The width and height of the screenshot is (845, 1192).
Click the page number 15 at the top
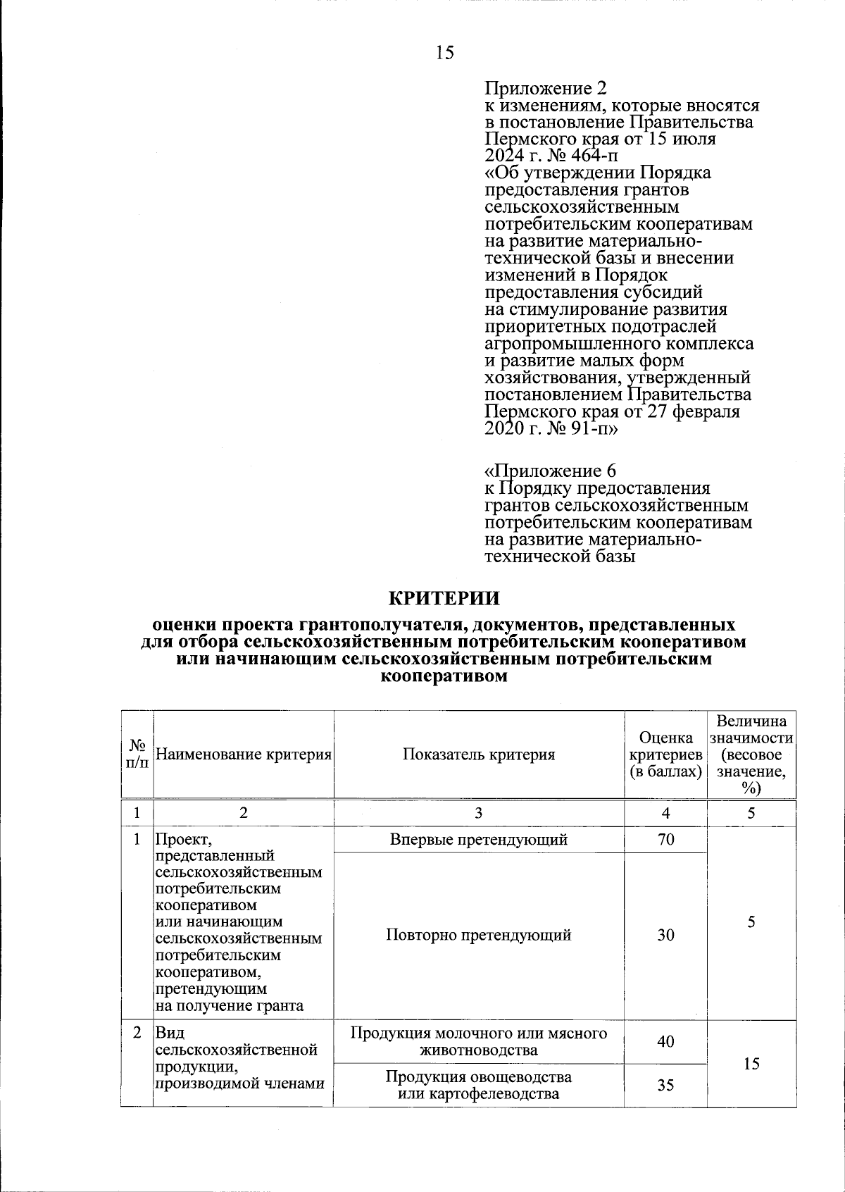(x=444, y=53)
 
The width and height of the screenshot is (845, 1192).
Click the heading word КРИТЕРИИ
(x=444, y=598)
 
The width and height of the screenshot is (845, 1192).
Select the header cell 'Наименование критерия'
(x=243, y=755)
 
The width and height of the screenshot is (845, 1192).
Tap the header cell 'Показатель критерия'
(x=479, y=755)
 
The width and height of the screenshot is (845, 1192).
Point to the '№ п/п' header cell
(x=137, y=754)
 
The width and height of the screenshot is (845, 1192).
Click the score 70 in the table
(x=665, y=839)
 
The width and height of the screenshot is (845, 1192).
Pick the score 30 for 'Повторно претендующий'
(x=665, y=935)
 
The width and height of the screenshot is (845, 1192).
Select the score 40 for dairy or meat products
(x=665, y=1041)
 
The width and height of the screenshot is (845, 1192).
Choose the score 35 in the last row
(x=665, y=1085)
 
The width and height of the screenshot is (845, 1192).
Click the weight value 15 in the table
(x=751, y=1063)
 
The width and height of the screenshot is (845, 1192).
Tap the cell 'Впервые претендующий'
(x=479, y=839)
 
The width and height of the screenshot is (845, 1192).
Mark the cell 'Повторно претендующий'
(x=479, y=935)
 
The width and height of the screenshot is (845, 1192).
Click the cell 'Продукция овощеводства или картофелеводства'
(x=479, y=1085)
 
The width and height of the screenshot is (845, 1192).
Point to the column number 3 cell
(x=479, y=813)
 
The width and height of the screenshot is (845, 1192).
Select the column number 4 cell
(x=665, y=813)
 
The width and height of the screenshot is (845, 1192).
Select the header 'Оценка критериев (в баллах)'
(x=665, y=755)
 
